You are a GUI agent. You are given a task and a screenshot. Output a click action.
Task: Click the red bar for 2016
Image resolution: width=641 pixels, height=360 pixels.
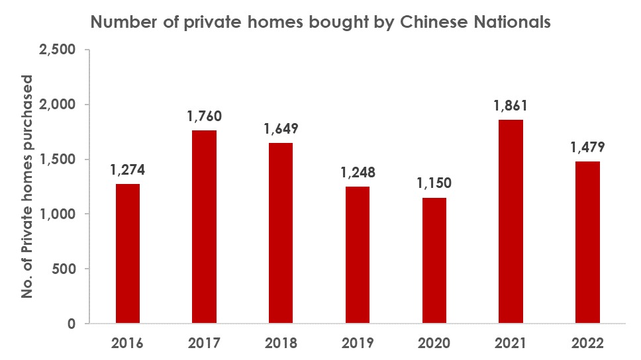coord(128,253)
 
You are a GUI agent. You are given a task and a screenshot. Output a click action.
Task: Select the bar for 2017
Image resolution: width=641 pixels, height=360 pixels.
coord(205,227)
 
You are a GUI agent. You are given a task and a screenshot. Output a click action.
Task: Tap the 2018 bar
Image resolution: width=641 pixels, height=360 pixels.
coord(281,233)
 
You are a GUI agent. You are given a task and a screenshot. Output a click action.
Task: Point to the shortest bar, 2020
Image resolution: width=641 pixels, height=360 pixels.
coord(434,260)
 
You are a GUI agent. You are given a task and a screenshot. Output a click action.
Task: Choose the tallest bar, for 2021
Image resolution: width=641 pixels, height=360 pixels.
coord(511,222)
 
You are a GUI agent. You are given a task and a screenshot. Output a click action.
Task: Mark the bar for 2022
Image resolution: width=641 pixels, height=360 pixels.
coord(587,242)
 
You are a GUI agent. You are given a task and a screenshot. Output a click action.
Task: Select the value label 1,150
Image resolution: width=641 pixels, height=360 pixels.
coord(434,182)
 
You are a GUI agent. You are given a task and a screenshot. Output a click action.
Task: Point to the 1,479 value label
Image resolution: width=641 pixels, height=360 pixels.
coord(587,146)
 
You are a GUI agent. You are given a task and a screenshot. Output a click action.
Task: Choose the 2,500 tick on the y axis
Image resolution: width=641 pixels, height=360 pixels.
coord(58,50)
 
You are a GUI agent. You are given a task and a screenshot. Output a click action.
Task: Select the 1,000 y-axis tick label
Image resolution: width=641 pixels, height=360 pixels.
coord(58,214)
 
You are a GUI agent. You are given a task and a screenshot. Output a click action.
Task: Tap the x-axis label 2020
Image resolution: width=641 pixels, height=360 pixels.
coord(434,344)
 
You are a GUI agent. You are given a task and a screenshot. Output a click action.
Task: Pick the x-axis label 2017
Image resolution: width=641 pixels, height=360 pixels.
coord(205,344)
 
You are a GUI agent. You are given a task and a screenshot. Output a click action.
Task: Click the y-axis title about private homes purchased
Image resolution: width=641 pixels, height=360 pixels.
coord(28,187)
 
